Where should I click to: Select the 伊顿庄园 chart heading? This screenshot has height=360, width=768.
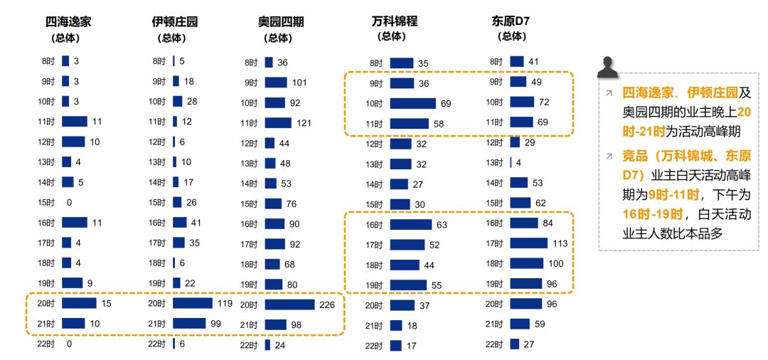click(x=175, y=22)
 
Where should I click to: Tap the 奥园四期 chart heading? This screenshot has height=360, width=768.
click(x=281, y=22)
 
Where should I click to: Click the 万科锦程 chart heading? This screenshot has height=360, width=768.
click(x=395, y=21)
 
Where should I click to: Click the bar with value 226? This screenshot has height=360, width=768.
click(x=289, y=305)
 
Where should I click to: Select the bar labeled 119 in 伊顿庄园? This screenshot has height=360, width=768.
click(x=193, y=303)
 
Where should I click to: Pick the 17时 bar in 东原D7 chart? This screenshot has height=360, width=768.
click(x=528, y=243)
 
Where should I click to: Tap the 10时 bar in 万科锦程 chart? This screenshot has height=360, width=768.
click(x=412, y=104)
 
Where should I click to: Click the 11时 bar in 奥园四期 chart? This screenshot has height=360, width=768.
click(x=278, y=123)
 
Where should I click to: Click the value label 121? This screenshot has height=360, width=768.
click(x=304, y=123)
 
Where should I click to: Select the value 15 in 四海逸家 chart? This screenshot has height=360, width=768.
click(x=107, y=303)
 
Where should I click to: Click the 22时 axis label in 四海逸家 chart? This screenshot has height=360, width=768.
click(x=46, y=344)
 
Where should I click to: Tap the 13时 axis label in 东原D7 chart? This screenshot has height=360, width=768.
click(x=495, y=163)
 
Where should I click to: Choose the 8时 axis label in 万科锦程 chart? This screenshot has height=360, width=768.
click(x=376, y=63)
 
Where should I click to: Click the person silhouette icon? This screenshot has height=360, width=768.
click(x=607, y=67)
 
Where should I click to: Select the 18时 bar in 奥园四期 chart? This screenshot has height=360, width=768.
click(x=272, y=264)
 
